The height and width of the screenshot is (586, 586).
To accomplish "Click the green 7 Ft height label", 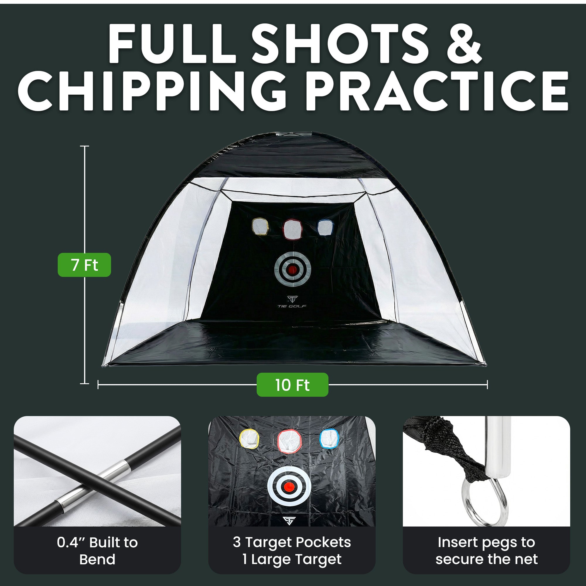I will (x=84, y=265).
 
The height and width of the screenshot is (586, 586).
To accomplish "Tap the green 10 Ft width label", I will (x=292, y=385).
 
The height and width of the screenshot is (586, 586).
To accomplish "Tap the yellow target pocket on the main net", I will (x=260, y=227).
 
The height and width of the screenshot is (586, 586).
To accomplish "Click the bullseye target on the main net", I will (x=292, y=269).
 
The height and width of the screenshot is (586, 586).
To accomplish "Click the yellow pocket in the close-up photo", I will (x=250, y=440).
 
